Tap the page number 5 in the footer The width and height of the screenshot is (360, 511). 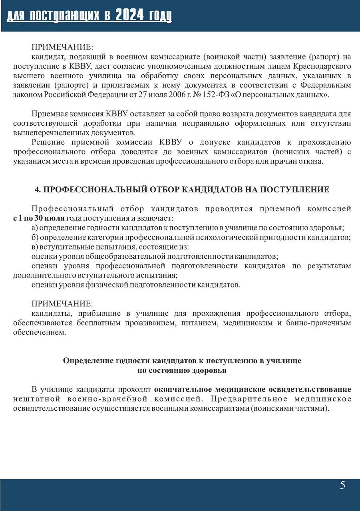pos(342,485)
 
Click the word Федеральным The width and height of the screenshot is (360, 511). pos(326,85)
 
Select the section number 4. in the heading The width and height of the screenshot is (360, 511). pos(38,190)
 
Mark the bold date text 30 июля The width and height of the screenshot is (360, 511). pos(46,218)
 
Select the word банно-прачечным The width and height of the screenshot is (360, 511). pos(321,322)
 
